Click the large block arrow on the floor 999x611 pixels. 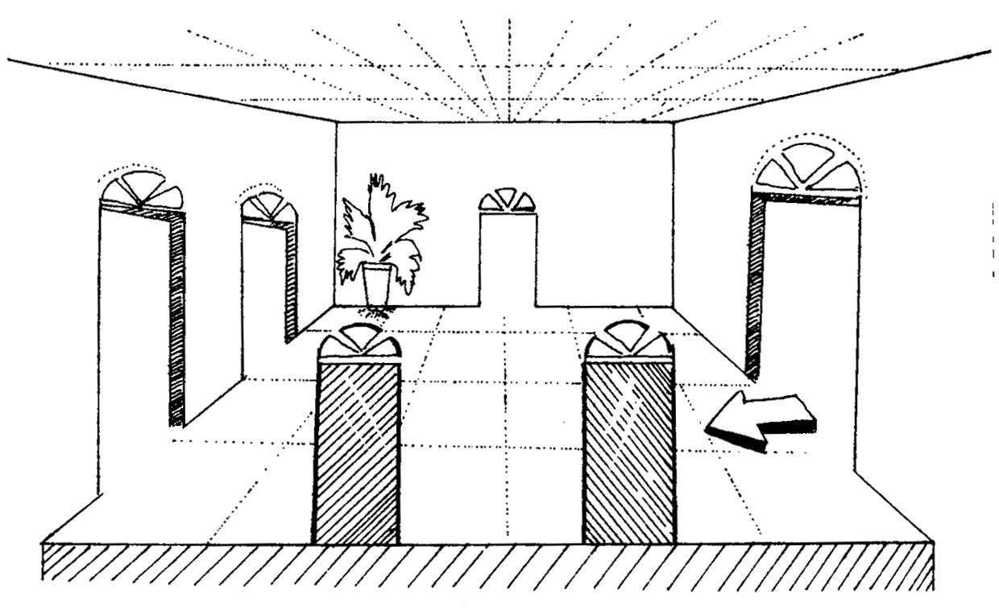(x=761, y=420)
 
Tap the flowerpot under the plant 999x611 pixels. (x=376, y=284)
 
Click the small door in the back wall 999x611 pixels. (x=508, y=258)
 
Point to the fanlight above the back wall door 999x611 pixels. (x=508, y=201)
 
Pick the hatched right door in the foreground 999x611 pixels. (x=628, y=451)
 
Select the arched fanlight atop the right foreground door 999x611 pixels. (x=628, y=340)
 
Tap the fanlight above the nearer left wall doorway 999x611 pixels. (x=142, y=190)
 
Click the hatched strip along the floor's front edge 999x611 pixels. (x=483, y=568)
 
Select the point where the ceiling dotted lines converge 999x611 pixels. (x=508, y=121)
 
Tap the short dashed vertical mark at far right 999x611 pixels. (x=993, y=242)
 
